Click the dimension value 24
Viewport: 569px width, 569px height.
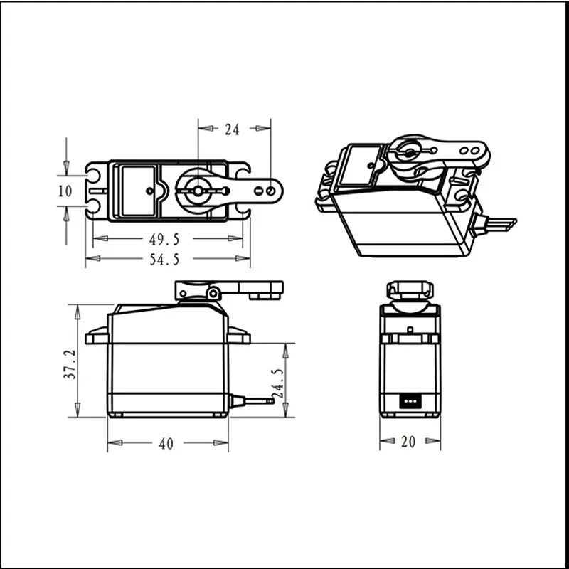click(x=232, y=129)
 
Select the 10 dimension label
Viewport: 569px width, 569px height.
click(x=65, y=191)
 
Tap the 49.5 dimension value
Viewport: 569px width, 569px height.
click(x=164, y=237)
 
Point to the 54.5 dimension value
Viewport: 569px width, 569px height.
click(x=164, y=260)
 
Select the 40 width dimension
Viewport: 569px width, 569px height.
click(x=166, y=444)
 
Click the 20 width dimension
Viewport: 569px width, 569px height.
click(x=408, y=442)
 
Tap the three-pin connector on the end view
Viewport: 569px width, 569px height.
click(x=410, y=400)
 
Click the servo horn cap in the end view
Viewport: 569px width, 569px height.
click(x=410, y=290)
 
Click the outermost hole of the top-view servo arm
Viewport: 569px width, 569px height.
click(x=271, y=191)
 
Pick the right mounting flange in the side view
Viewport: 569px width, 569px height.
click(x=239, y=336)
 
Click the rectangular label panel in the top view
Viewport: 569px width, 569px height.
click(x=138, y=191)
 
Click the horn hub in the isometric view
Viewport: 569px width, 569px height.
click(x=409, y=152)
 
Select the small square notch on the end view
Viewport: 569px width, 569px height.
click(x=410, y=329)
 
